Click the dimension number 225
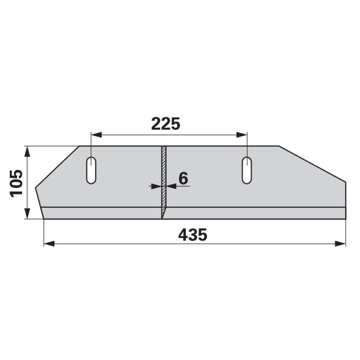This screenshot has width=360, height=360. [166, 124]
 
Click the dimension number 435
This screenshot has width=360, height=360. [193, 235]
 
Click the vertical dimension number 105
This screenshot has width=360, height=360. [17, 183]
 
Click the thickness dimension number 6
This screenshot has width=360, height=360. [183, 178]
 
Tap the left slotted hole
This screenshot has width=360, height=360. [91, 170]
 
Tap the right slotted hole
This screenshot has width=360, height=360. [247, 170]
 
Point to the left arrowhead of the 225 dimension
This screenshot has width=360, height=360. [94, 134]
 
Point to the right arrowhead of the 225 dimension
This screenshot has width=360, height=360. [244, 134]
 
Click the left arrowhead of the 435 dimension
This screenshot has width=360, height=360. [47, 243]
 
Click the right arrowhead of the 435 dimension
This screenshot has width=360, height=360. [342, 243]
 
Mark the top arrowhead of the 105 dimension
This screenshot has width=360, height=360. [28, 149]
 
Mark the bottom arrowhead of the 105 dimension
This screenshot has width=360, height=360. [28, 216]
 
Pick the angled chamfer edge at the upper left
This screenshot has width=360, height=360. [57, 166]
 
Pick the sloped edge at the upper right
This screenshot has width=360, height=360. [312, 164]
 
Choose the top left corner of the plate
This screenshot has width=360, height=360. [80, 146]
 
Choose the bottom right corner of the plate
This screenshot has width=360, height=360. [346, 219]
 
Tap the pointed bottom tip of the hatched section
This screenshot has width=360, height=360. [162, 218]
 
